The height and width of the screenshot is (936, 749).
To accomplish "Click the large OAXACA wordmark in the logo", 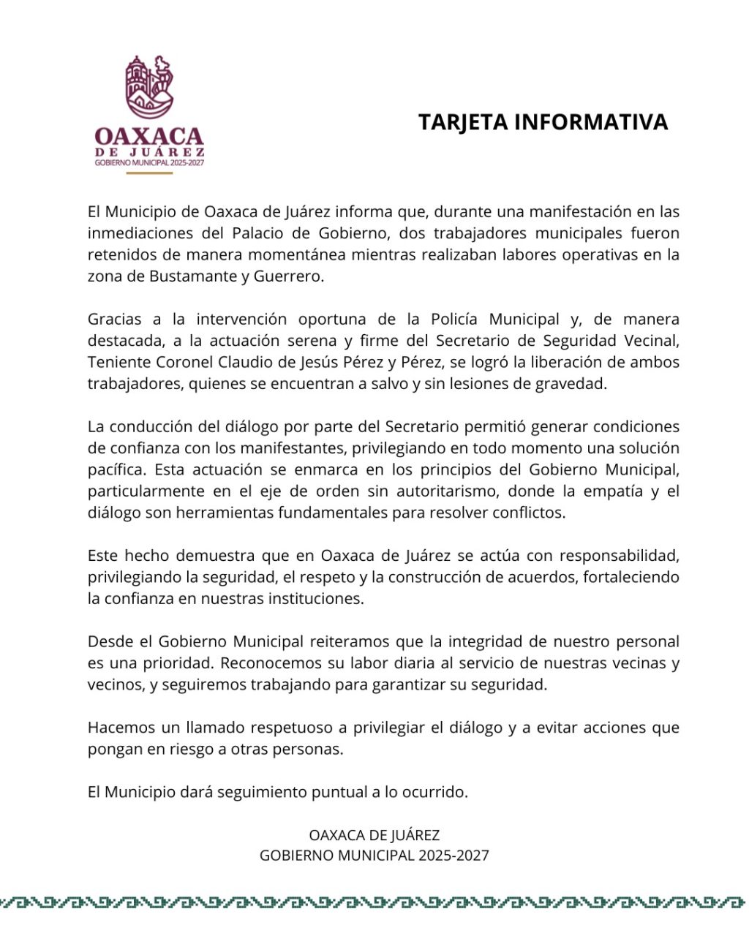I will pos(149,136).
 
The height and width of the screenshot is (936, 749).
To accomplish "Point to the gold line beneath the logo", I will pos(149,173).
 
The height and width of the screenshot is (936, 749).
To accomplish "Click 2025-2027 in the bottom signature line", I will pos(453,856).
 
